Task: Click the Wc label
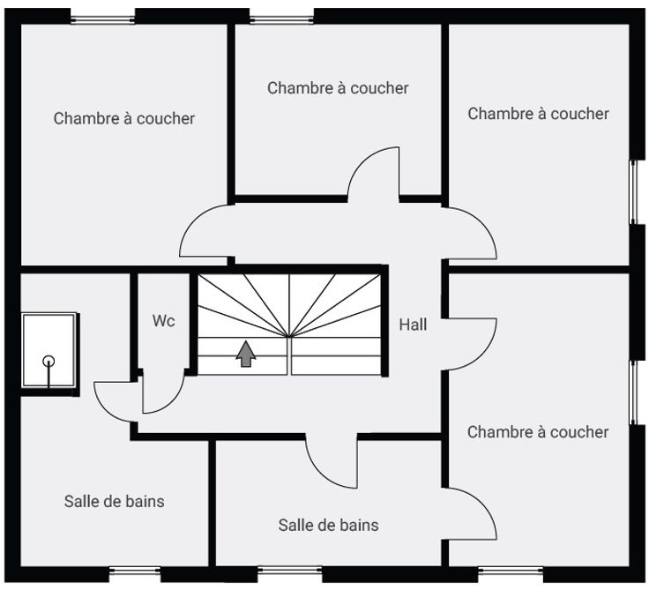(x=163, y=321)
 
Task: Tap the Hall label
(x=413, y=325)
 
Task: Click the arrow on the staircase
(x=246, y=353)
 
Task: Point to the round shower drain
(x=48, y=361)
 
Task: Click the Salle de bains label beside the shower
(x=114, y=501)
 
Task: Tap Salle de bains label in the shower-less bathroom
(x=328, y=525)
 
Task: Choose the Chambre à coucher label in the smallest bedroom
(x=338, y=87)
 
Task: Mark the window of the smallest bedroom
(x=281, y=16)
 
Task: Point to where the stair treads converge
(x=290, y=335)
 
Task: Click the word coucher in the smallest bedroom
(x=379, y=87)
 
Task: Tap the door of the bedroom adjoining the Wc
(x=205, y=231)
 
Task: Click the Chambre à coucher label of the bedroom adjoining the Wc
(x=123, y=117)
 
